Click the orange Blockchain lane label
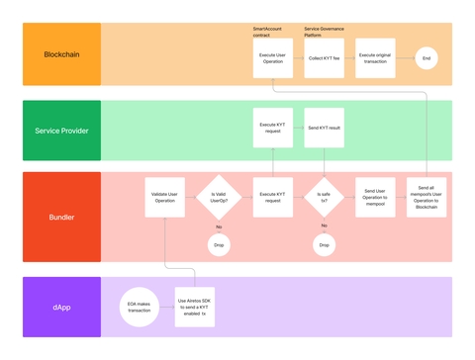point(61,53)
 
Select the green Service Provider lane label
point(61,131)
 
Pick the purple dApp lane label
point(61,307)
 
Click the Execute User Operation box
point(273,58)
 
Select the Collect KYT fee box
point(324,58)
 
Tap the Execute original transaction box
point(375,58)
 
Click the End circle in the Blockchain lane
point(427,58)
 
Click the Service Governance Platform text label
point(324,31)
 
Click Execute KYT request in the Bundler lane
point(273,197)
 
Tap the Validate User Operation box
point(165,197)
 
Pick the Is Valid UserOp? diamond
point(218,196)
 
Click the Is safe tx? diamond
point(324,196)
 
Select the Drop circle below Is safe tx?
point(324,243)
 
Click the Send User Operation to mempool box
point(375,197)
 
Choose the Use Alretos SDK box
point(194,307)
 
